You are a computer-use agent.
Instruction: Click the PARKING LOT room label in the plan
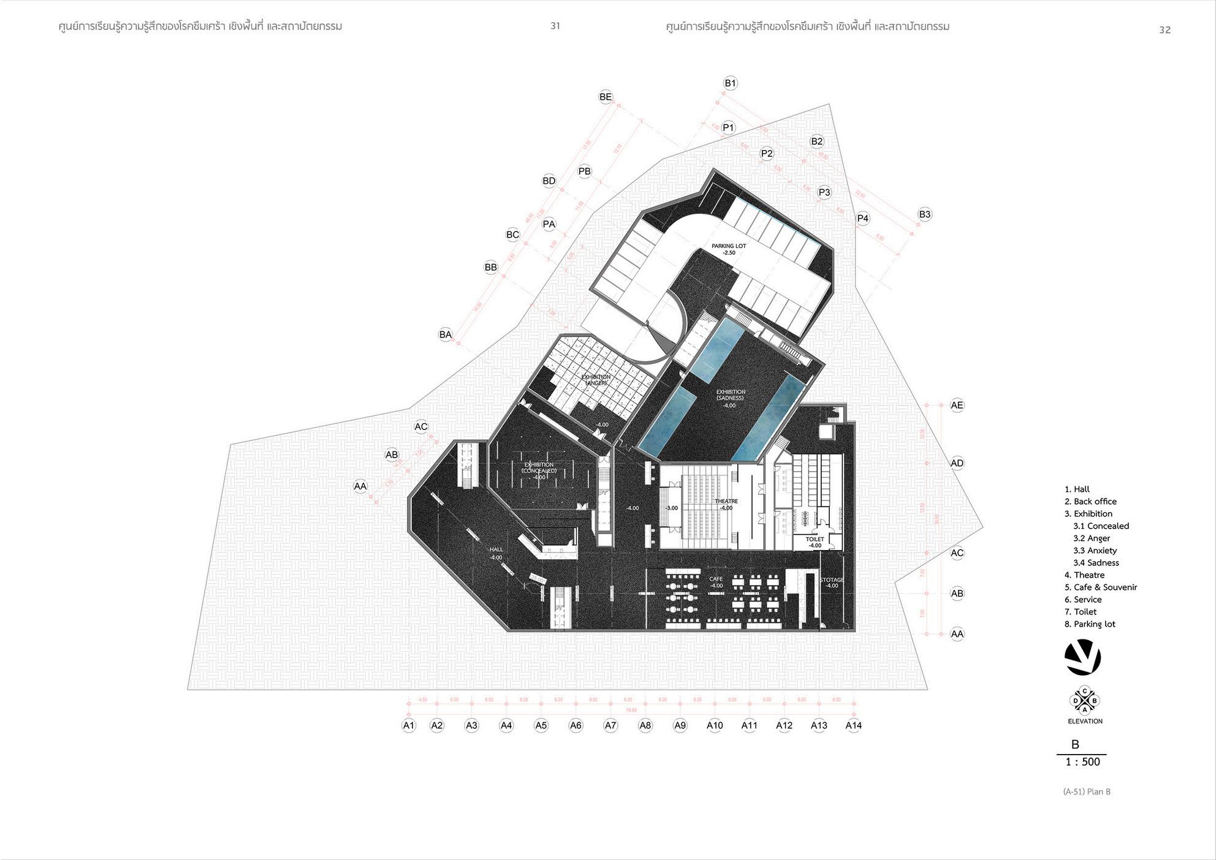coord(729,249)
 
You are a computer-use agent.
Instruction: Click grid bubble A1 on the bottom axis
coord(409,725)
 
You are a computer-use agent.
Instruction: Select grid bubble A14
coord(854,725)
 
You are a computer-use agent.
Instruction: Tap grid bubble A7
coord(610,725)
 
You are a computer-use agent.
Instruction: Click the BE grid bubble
coord(606,97)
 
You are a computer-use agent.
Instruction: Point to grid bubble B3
coord(925,214)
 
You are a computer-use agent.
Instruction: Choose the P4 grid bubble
coord(863,218)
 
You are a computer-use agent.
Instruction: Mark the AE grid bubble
coord(957,405)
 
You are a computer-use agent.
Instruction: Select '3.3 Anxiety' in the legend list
coord(1095,551)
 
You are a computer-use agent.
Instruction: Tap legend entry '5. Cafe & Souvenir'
coord(1101,587)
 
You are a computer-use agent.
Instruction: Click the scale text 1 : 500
coord(1082,762)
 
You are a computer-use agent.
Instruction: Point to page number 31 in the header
coord(555,26)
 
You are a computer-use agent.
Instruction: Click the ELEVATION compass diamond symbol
coord(1085,700)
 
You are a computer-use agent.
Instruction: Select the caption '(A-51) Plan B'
coord(1087,791)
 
